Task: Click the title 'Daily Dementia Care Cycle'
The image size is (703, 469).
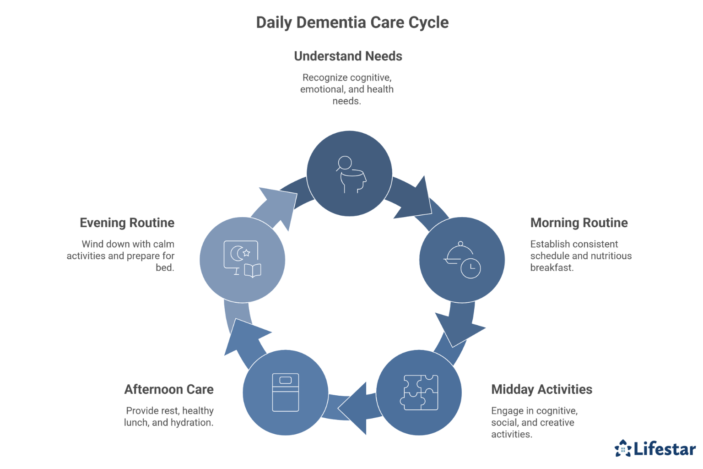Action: click(x=352, y=22)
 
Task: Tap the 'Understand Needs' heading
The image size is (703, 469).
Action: click(x=348, y=56)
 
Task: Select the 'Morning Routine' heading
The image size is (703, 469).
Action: click(x=579, y=223)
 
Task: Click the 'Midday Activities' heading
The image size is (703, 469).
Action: click(x=541, y=390)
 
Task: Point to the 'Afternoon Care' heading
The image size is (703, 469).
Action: click(x=169, y=390)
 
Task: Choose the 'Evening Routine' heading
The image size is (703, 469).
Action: click(x=127, y=223)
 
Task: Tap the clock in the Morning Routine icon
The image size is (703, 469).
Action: click(x=470, y=268)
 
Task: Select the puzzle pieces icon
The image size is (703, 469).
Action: click(x=419, y=393)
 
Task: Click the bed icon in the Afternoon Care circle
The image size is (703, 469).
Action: click(x=286, y=393)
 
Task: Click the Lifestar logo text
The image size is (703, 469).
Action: click(x=664, y=449)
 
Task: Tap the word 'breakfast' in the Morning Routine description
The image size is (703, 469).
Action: click(x=551, y=268)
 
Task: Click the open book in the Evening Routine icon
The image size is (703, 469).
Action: click(x=253, y=271)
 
